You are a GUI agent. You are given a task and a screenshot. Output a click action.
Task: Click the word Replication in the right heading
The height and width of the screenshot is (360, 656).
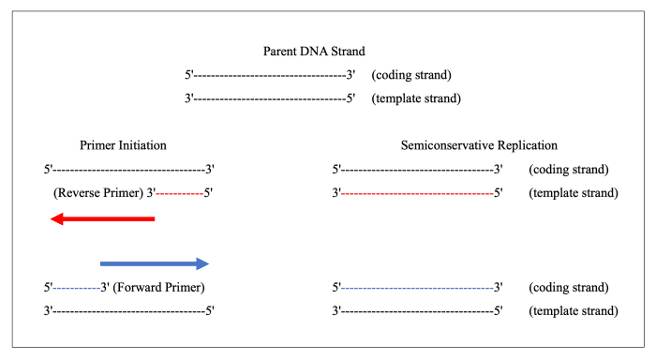[x=526, y=146]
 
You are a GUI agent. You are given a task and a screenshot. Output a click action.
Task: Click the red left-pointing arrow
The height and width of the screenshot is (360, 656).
[x=103, y=218]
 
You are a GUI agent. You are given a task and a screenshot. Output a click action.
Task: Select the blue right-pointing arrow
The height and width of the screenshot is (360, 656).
[x=154, y=263]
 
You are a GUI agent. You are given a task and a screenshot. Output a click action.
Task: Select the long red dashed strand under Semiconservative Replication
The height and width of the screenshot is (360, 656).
[x=417, y=193]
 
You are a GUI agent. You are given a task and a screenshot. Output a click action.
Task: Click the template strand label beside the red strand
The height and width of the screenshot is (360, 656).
[x=573, y=193]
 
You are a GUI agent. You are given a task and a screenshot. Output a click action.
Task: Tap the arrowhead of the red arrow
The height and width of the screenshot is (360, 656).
[x=59, y=218]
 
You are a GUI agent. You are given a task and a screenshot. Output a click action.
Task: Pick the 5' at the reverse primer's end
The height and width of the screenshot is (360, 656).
[x=209, y=193]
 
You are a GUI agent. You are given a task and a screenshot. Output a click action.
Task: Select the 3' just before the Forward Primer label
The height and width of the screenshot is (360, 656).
[x=106, y=287]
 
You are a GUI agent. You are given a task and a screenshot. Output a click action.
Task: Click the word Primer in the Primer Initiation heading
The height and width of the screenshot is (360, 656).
[x=97, y=146]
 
